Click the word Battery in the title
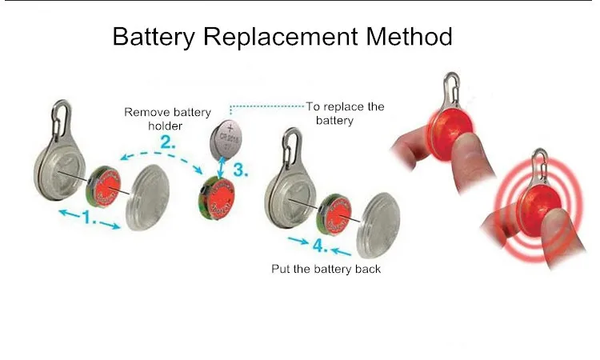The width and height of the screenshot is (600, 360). (154, 37)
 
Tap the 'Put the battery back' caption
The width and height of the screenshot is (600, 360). (326, 269)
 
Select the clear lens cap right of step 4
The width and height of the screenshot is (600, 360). (382, 222)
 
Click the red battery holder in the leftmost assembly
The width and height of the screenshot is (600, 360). (102, 186)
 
